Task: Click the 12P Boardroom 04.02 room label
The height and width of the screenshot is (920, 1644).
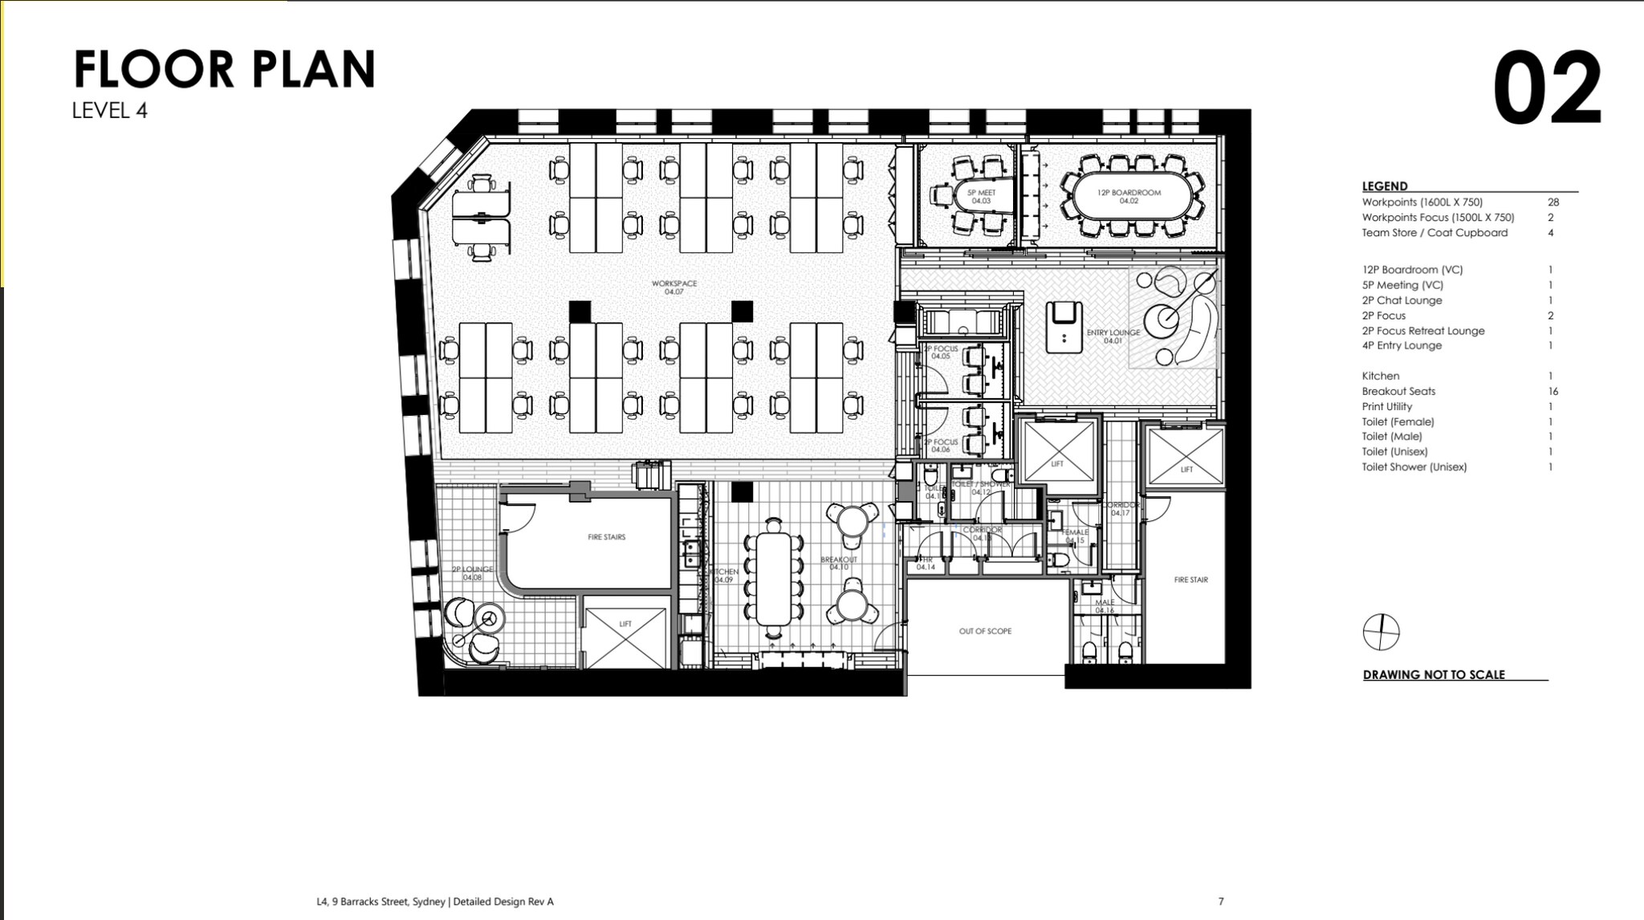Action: coord(1129,197)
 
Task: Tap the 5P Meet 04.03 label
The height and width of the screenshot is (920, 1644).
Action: coord(981,197)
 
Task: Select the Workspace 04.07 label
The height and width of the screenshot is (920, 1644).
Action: coord(674,287)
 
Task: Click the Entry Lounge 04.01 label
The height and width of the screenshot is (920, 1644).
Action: coord(1113,336)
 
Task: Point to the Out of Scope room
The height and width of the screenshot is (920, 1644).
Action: coord(985,631)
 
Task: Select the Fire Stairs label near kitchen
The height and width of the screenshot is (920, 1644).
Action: coord(606,537)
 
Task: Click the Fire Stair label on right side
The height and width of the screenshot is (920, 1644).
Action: coord(1190,580)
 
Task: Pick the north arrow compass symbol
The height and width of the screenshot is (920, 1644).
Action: coord(1381,632)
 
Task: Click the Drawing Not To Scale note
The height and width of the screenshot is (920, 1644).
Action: coord(1434,675)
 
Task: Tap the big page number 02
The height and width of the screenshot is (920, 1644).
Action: coord(1547,88)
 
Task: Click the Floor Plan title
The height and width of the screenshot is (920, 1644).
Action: coord(225,69)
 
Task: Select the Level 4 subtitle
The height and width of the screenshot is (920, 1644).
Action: coord(110,111)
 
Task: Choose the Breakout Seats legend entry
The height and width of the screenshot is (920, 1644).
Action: coord(1398,392)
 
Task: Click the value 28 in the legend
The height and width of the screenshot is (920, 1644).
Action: coord(1552,202)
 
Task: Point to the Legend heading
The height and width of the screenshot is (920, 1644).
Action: coord(1384,186)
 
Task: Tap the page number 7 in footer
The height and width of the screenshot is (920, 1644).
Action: coord(1221,902)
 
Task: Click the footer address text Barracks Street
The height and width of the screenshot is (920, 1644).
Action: coord(435,902)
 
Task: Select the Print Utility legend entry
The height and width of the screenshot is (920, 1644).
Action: coord(1386,407)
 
